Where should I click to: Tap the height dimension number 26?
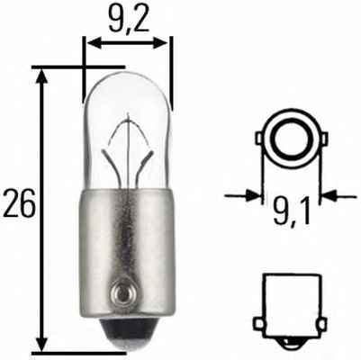[x=19, y=204]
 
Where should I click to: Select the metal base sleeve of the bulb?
[x=126, y=243]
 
